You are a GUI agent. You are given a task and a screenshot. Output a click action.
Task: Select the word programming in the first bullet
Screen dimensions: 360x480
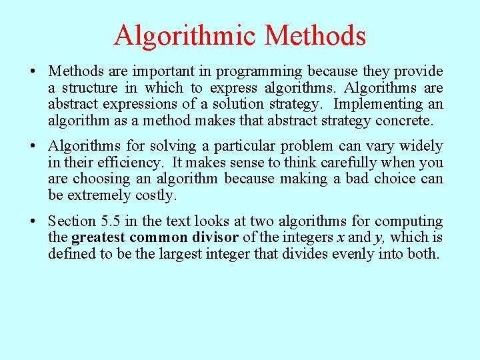(264, 71)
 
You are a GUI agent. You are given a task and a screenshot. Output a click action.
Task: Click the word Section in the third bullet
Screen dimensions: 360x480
(72, 221)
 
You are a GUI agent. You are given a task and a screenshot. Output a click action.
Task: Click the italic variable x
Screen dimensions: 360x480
(339, 238)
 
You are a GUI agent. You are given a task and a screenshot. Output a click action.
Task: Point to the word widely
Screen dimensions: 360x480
(421, 146)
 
